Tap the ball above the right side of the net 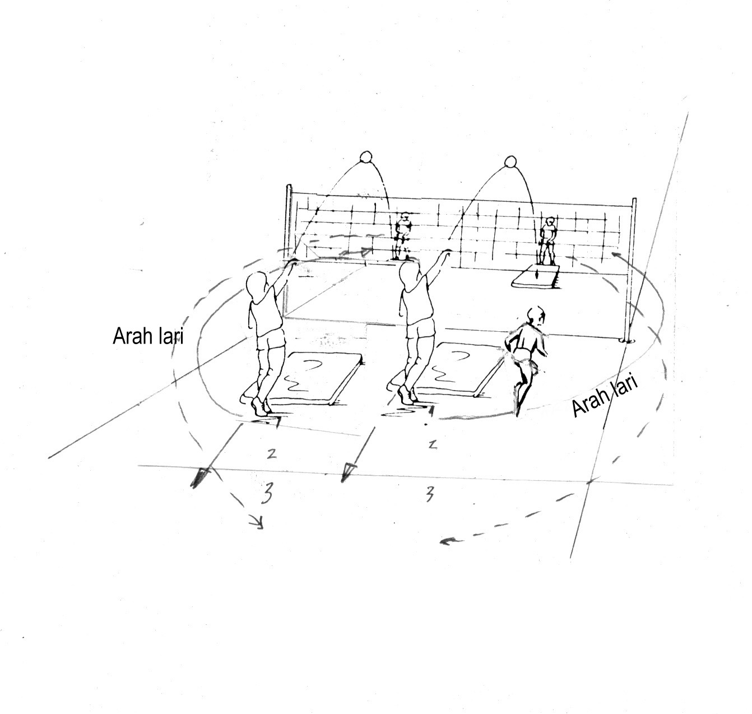510,163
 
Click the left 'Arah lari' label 148,336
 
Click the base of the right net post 626,339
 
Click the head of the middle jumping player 409,276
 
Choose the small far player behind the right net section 547,240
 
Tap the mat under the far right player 536,279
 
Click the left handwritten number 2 271,453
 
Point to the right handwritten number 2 431,445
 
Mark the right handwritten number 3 429,493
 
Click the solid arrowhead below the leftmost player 199,478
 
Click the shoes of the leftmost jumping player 261,407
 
